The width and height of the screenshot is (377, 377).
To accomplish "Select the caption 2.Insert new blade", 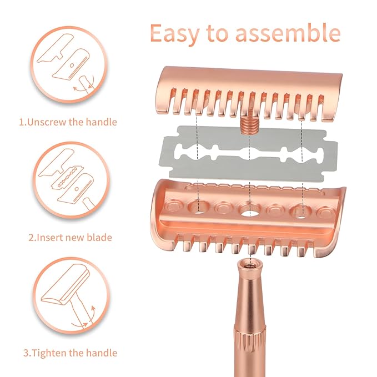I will click(71, 237).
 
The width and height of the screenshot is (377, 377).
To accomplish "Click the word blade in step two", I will click(100, 237).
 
